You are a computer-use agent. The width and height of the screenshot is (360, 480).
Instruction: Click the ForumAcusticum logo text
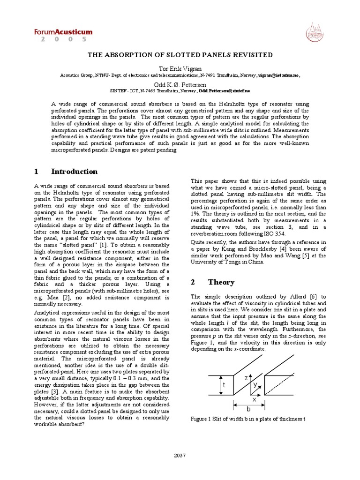coord(63,32)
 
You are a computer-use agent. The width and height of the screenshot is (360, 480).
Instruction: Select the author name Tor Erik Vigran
coord(180,69)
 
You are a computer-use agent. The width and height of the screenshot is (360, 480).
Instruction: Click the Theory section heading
coord(215,283)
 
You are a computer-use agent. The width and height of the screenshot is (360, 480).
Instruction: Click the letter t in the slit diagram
coord(224,385)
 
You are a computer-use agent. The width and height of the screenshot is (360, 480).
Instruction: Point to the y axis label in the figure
coord(255,384)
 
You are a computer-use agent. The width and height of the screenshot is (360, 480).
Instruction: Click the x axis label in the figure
coord(255,400)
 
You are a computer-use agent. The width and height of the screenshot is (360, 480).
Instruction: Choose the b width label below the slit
coord(249,409)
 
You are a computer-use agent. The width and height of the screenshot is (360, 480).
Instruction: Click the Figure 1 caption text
coord(247,419)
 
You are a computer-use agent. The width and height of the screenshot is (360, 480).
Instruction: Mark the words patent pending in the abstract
coord(159,150)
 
